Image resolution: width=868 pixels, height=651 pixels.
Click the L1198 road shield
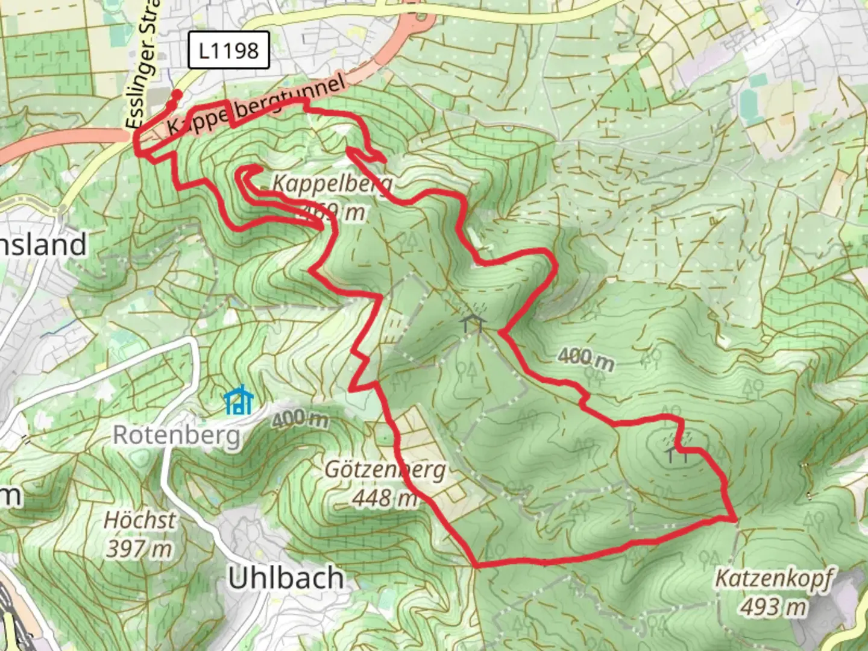click(228, 50)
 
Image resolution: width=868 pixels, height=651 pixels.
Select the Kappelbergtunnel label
click(256, 105)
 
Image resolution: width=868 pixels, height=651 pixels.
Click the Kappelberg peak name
click(332, 183)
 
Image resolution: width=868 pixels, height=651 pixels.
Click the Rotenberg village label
click(177, 435)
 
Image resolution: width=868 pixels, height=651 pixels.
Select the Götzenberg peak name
click(385, 470)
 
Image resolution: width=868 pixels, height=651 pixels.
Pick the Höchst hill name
click(140, 520)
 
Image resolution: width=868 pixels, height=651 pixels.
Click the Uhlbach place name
click(286, 578)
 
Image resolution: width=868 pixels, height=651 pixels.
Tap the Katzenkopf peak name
click(773, 578)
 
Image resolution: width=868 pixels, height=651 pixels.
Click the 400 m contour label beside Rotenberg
click(300, 419)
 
